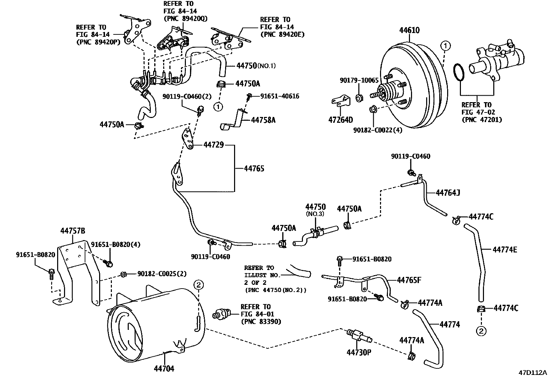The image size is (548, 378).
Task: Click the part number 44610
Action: point(409,30)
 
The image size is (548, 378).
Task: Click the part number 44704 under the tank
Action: point(164,369)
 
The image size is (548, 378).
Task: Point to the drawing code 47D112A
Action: point(533,372)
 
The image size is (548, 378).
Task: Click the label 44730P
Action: point(358,353)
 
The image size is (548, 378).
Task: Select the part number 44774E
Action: point(505,250)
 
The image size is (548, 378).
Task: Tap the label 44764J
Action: point(448,193)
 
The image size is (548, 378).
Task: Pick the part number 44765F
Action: point(409,280)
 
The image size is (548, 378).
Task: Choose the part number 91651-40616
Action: point(280,96)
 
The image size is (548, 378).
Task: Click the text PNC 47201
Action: point(482,120)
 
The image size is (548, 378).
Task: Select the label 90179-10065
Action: point(359,80)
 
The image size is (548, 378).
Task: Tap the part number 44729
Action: point(213,145)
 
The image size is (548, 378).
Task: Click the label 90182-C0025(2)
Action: point(162,274)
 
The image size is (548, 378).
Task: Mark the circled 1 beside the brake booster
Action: point(445,45)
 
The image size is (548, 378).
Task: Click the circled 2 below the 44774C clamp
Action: point(481,331)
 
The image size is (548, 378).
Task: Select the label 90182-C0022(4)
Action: point(378,130)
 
